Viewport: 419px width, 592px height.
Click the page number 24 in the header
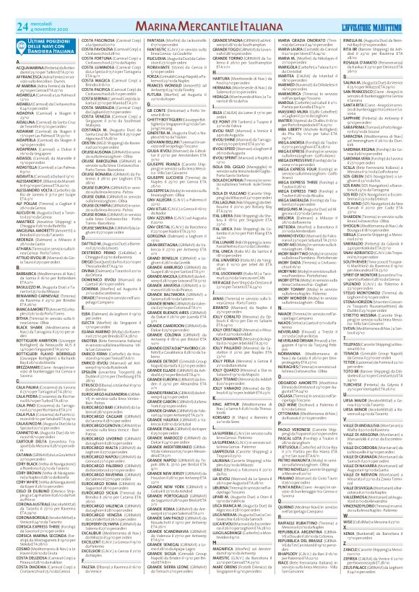(x=12, y=9)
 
